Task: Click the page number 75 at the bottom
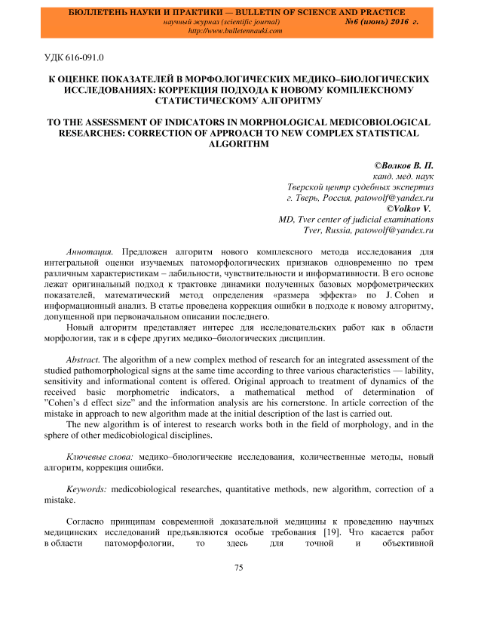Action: pyautogui.click(x=238, y=568)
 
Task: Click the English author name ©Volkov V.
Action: pyautogui.click(x=410, y=207)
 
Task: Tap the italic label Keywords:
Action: pyautogui.click(x=87, y=489)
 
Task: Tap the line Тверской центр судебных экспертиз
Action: pyautogui.click(x=360, y=185)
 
